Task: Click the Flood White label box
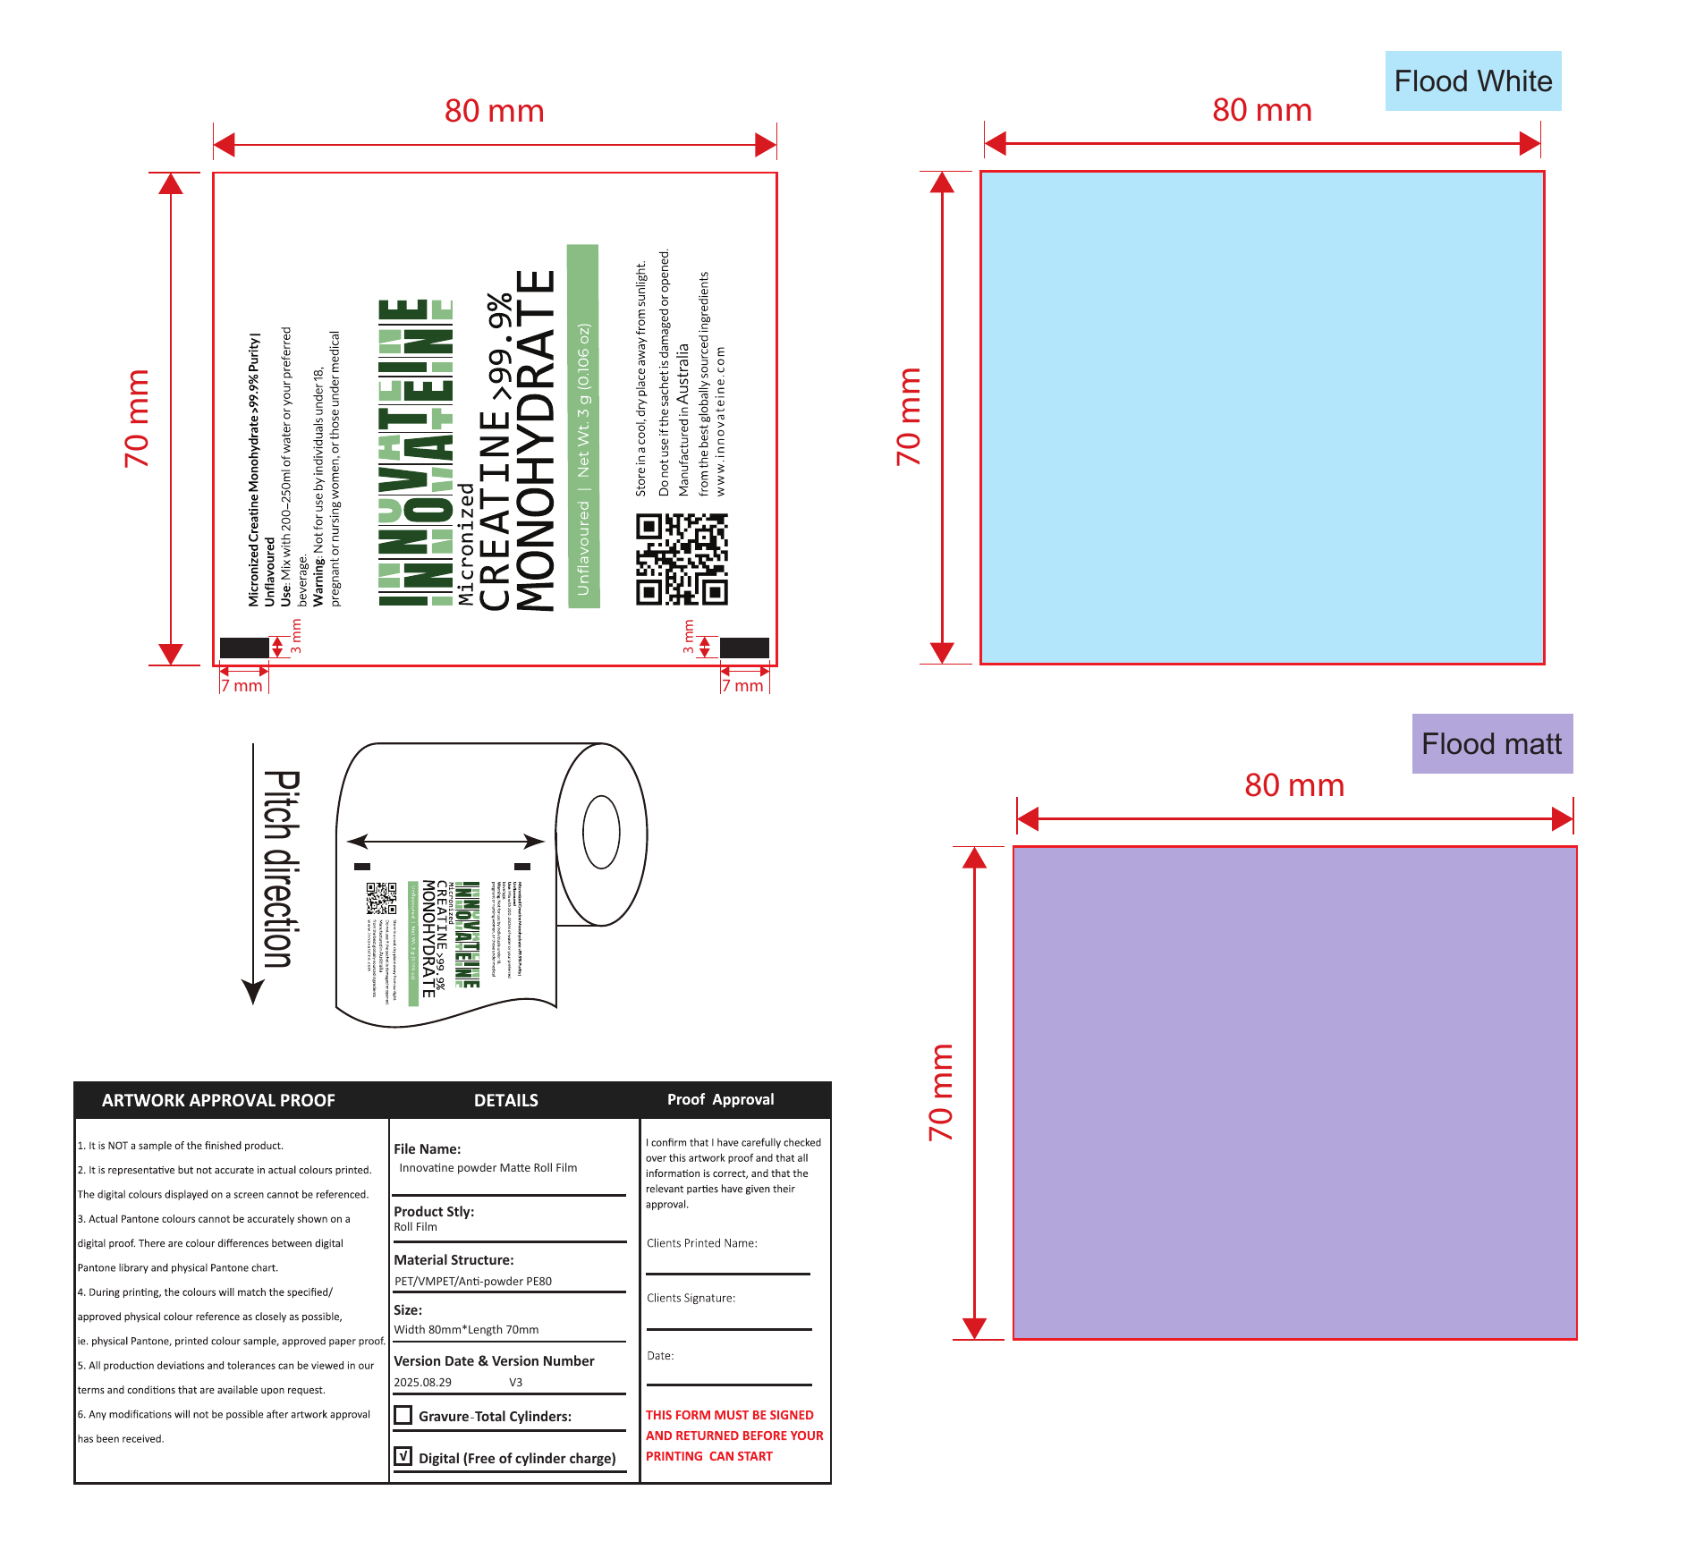click(x=1472, y=81)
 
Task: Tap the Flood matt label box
click(x=1491, y=744)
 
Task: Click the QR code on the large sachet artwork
click(x=682, y=559)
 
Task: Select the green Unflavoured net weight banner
click(x=583, y=427)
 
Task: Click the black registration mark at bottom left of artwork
click(x=244, y=648)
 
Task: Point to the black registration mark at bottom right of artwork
click(x=744, y=648)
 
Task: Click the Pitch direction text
click(x=281, y=868)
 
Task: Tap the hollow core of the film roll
click(x=601, y=831)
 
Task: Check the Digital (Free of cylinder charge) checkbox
click(x=403, y=1457)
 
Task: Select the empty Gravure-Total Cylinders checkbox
click(x=403, y=1415)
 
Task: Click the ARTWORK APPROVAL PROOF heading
click(x=218, y=1100)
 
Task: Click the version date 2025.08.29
click(x=422, y=1382)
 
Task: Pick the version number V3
click(x=515, y=1382)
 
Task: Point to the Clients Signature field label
click(x=691, y=1298)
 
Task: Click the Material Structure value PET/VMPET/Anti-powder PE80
click(x=472, y=1281)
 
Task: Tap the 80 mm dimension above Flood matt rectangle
click(x=1294, y=785)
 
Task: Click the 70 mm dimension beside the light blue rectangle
click(x=908, y=417)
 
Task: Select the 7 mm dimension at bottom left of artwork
click(x=242, y=686)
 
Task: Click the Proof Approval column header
click(x=720, y=1099)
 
